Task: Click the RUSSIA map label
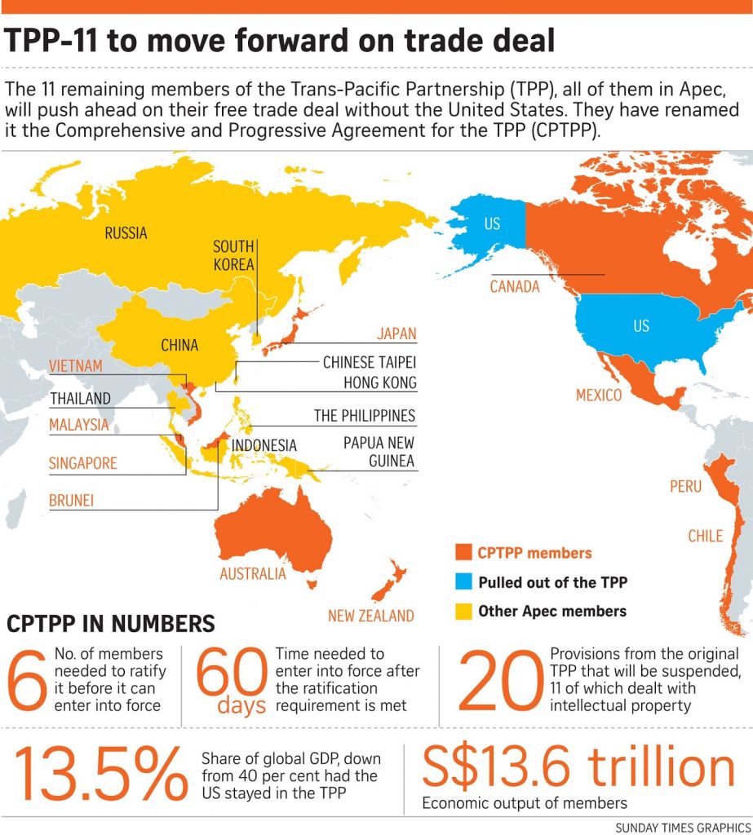[126, 233]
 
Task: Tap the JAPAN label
[396, 334]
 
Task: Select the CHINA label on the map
[179, 345]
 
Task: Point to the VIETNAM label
[75, 366]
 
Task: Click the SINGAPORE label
[83, 463]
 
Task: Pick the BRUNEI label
[71, 500]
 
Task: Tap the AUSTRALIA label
[253, 573]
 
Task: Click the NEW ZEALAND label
[370, 616]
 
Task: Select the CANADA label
[515, 286]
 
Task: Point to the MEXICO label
[598, 395]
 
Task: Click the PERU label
[685, 486]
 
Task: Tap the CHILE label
[705, 536]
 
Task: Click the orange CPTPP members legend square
[463, 554]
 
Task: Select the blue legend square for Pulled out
[463, 582]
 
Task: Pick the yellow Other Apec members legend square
[463, 611]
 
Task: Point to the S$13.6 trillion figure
[578, 767]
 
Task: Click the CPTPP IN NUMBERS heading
[111, 625]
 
